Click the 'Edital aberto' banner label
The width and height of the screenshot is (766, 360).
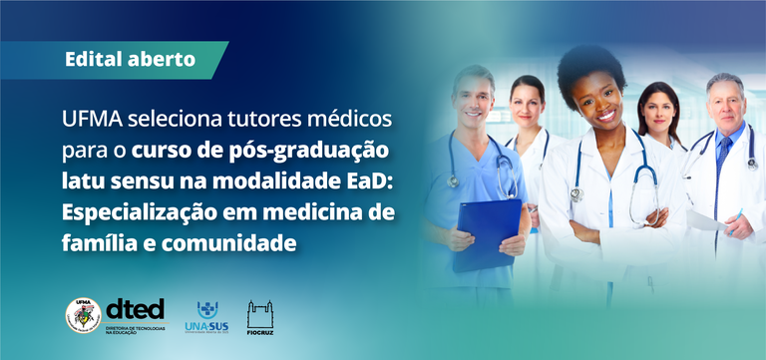click(x=130, y=59)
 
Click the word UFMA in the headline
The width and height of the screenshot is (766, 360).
click(x=91, y=121)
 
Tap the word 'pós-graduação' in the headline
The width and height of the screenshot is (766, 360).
click(x=310, y=152)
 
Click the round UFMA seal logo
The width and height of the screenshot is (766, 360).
click(x=83, y=315)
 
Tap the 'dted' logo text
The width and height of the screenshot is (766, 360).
click(x=136, y=309)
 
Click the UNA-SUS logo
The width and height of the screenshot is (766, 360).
click(x=206, y=316)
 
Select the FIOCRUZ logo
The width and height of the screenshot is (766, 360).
click(x=261, y=317)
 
